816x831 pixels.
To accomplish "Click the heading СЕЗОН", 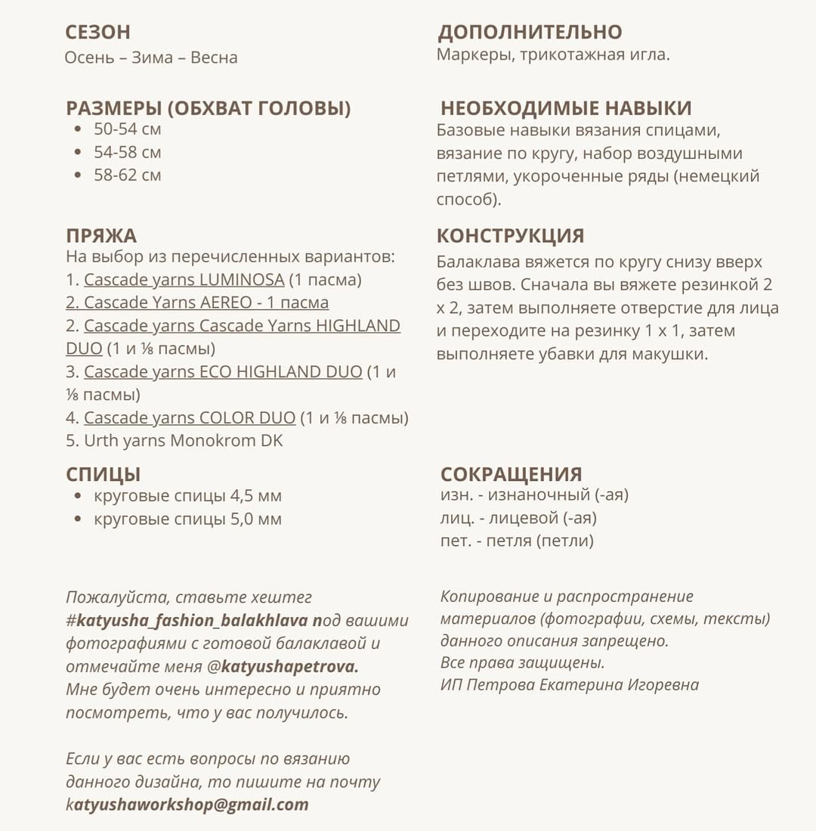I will coord(97,33).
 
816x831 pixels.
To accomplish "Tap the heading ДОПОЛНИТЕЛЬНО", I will coord(530,33).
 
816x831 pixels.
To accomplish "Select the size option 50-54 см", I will coord(127,129).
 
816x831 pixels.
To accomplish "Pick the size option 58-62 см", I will coord(127,175).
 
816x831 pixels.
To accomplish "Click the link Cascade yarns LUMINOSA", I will coord(184,280).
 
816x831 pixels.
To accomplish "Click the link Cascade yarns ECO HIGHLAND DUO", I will coord(223,372).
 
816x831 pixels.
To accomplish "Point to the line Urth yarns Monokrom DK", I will coord(174,441).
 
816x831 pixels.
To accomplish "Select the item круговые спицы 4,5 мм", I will coord(187,497).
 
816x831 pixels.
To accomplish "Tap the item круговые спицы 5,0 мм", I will coord(187,519).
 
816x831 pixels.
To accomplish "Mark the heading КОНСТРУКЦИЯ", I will coord(510,236).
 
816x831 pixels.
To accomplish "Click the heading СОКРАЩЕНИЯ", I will coord(511,475).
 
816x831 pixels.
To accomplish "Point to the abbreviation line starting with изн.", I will coord(534,495).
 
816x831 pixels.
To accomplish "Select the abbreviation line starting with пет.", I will coord(517,541).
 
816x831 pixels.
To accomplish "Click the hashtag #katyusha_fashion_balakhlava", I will coord(187,621).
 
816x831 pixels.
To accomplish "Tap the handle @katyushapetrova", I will coord(283,667).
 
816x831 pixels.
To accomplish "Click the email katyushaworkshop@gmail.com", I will coord(187,805).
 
